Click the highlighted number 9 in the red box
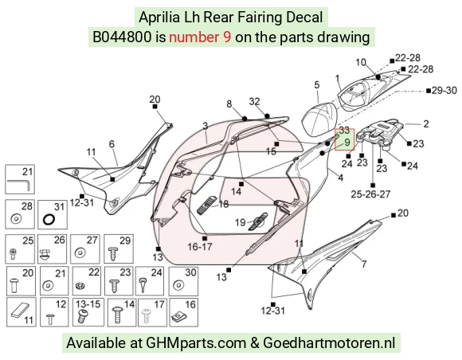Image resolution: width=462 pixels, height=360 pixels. pos(346,143)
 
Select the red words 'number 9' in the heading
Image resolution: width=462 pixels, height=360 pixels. pos(200,37)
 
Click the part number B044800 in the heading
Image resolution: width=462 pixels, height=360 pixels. pos(122,37)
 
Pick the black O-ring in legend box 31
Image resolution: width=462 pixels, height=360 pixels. pos(49,219)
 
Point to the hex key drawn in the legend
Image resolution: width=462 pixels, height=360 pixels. pos(19,185)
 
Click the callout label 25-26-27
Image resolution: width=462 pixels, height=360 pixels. pos(370,194)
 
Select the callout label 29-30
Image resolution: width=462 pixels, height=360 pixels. pos(444,91)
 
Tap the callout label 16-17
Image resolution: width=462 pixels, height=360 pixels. pos(200,247)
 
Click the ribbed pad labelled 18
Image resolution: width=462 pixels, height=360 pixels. pos(206,205)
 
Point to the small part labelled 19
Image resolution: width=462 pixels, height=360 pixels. pos(258,221)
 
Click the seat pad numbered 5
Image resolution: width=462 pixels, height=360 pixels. pos(319,119)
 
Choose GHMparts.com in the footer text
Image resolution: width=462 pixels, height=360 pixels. pos(196,343)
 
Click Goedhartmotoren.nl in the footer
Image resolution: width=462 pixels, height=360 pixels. pos(328,343)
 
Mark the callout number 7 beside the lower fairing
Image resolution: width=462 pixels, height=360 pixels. pos(364,264)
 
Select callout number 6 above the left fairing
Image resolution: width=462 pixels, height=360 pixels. pos(112,144)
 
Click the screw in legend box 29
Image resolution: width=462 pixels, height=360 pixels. pos(113,253)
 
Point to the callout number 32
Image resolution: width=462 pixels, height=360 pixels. pos(255,102)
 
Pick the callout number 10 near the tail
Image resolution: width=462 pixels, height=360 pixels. pos(361,62)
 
